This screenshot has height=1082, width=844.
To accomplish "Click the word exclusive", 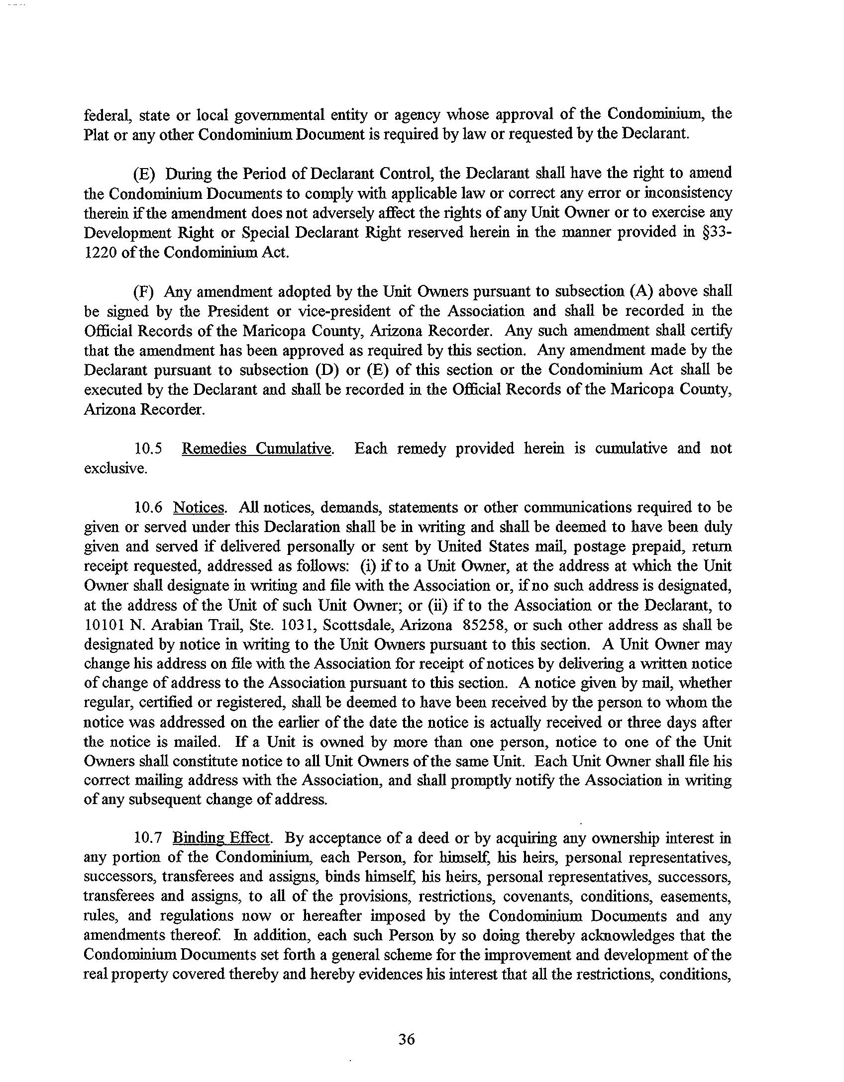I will (x=115, y=468).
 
